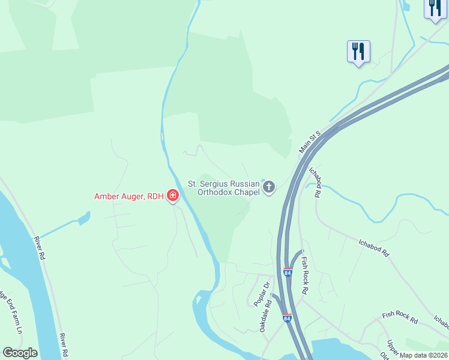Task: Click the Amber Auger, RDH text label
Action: point(129,196)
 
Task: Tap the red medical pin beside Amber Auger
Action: point(173,196)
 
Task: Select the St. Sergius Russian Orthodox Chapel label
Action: point(223,188)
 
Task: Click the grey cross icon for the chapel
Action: point(269,188)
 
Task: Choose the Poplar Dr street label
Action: point(259,294)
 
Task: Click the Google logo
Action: point(20,353)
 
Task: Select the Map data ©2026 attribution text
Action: point(424,355)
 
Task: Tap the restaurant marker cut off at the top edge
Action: point(434,8)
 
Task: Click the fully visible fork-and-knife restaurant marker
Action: point(358,52)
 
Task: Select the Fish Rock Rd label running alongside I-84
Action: point(304,275)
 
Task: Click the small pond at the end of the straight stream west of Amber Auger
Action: point(83,217)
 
